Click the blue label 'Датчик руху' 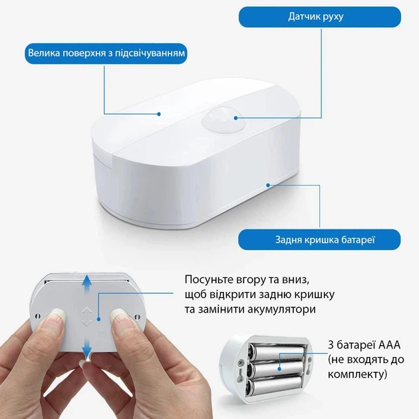point(320,17)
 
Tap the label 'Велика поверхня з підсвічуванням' point(106,53)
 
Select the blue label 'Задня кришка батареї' point(319,239)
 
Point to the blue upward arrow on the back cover point(86,285)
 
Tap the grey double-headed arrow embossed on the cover point(86,317)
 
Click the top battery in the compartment point(277,352)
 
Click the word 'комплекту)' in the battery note point(358,374)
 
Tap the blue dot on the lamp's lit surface point(159,114)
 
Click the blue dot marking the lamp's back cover point(268,185)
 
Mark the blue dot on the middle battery point(279,368)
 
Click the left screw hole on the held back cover point(38,316)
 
